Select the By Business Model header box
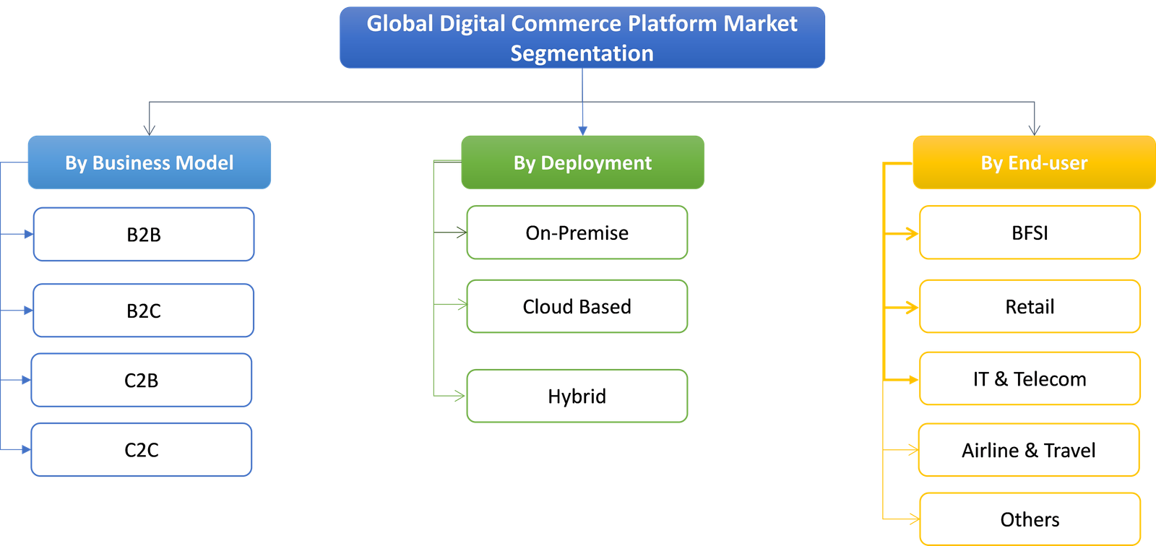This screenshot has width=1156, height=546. [x=150, y=162]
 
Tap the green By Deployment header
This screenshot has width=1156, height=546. [x=582, y=162]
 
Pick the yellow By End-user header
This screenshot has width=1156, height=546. [x=1033, y=162]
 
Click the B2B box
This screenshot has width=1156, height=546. [x=144, y=234]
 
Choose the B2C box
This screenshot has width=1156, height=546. [x=144, y=311]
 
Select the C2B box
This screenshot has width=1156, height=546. [x=142, y=380]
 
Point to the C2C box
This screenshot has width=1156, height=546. [x=142, y=450]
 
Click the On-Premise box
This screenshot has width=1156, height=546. [x=577, y=233]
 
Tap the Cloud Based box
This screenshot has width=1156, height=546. [x=577, y=307]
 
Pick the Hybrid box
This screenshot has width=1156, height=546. [x=577, y=396]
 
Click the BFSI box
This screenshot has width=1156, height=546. [x=1030, y=233]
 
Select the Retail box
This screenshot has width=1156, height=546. [x=1030, y=307]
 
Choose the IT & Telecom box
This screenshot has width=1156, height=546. [x=1030, y=378]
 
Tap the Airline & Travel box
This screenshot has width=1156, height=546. [x=1028, y=450]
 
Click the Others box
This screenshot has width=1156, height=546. [x=1030, y=519]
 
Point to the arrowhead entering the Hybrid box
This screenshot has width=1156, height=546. [x=459, y=396]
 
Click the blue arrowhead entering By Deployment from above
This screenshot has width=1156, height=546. [x=582, y=130]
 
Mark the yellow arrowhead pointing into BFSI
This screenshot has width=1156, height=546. [x=913, y=233]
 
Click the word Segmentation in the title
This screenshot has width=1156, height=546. [x=582, y=53]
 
